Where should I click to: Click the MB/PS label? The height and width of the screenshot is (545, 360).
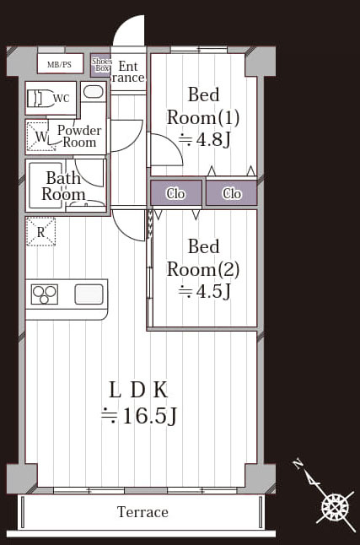tap(59, 64)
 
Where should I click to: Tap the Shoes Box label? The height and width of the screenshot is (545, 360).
tap(102, 65)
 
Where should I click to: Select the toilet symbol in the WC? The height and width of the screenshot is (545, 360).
tap(40, 99)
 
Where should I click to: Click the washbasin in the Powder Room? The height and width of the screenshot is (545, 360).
tap(94, 92)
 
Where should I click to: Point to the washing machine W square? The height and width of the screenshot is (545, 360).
tap(40, 136)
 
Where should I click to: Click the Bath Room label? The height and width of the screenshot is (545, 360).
tap(63, 186)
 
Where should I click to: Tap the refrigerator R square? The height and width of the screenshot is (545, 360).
tap(41, 232)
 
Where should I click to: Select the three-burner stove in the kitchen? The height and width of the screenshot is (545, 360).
tap(45, 294)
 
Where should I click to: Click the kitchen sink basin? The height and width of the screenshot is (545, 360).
tap(89, 294)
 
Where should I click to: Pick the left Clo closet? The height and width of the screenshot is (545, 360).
tap(176, 193)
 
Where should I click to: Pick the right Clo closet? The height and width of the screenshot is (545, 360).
tap(231, 193)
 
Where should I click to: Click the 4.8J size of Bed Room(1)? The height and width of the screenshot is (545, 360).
tap(204, 140)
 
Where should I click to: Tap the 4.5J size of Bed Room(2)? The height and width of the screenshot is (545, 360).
tap(204, 292)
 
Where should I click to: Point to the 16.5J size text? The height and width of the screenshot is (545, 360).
tap(139, 415)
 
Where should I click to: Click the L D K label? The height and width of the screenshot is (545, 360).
tap(138, 391)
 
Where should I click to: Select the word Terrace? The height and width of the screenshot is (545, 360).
tap(142, 512)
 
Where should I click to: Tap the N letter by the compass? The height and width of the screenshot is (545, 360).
tap(297, 464)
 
